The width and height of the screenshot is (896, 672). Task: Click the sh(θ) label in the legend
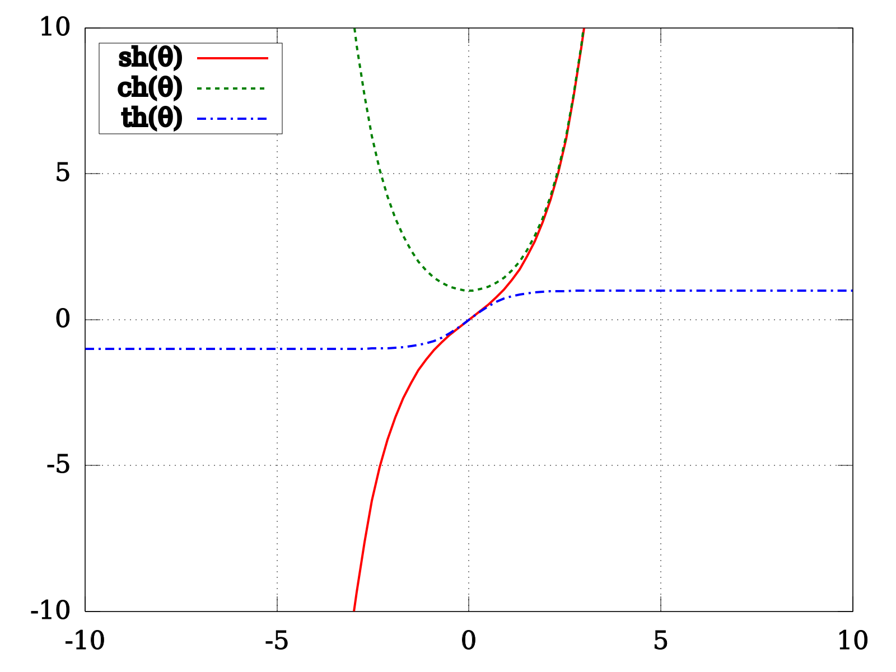point(150,58)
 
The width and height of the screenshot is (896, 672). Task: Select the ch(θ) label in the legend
point(150,88)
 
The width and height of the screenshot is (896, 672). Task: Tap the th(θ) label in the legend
point(151,118)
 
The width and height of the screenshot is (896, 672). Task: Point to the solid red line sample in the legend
point(232,58)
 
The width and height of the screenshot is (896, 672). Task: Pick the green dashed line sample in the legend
point(231,88)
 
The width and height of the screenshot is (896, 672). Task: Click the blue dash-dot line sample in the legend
point(232,119)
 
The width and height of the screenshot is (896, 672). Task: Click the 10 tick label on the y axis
point(55,27)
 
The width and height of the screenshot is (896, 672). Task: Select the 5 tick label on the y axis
point(63,173)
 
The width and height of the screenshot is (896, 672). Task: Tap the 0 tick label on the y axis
point(63,319)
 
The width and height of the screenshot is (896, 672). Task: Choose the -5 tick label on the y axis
point(58,465)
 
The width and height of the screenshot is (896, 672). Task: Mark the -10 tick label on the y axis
point(50,611)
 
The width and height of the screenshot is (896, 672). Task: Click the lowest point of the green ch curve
point(469,291)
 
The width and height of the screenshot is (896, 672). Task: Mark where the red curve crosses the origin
point(469,319)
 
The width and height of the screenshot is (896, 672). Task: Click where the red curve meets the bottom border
point(354,611)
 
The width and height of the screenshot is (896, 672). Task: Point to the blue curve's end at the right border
point(852,291)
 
